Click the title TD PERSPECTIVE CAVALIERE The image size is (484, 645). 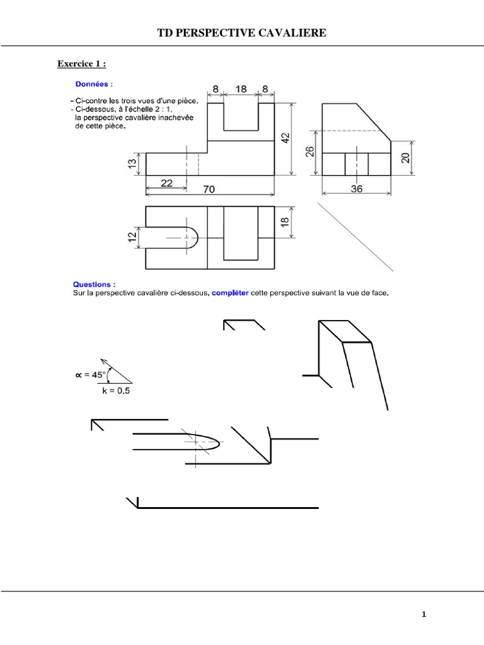242,33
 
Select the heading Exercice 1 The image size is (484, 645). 82,64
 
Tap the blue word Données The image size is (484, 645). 94,84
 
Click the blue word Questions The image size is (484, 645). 95,284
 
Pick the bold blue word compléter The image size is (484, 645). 229,292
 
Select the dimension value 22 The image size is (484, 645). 166,183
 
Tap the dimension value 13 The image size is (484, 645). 132,163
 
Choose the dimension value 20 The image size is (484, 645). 405,157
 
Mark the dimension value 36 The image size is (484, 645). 357,189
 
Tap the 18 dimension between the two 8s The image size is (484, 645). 241,89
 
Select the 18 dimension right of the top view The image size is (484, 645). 284,222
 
